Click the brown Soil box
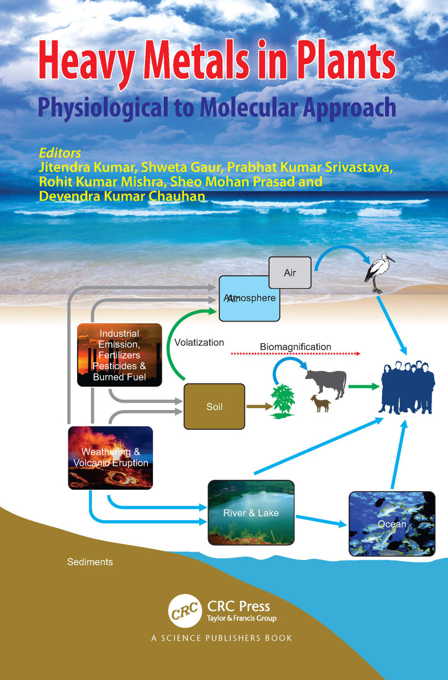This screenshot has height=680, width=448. click(x=214, y=406)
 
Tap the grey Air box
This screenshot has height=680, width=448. click(x=290, y=273)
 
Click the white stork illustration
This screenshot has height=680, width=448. click(x=379, y=273)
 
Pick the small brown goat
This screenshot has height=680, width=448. click(x=321, y=403)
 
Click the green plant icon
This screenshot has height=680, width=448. click(x=283, y=401)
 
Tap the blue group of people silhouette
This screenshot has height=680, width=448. click(x=407, y=387)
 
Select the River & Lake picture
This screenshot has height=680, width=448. click(x=251, y=513)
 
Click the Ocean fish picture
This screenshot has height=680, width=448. click(x=392, y=524)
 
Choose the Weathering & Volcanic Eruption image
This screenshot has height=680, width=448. click(x=110, y=458)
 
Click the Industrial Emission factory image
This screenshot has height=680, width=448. click(x=120, y=355)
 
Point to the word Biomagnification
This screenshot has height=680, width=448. click(x=295, y=347)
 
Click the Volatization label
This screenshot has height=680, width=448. click(x=199, y=343)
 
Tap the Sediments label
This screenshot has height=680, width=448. click(x=90, y=562)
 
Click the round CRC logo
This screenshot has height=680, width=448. click(x=185, y=610)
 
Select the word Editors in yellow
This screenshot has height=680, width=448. click(x=60, y=153)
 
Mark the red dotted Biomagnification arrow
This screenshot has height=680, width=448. click(x=295, y=354)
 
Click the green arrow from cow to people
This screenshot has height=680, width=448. click(x=364, y=386)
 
